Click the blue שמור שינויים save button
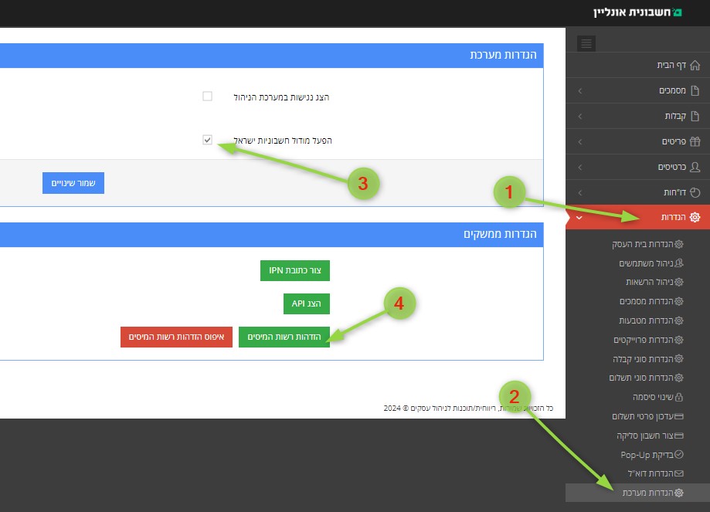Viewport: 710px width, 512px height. pos(73,183)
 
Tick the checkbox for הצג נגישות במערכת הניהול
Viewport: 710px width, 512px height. pos(207,96)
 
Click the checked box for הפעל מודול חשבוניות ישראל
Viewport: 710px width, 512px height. pos(207,140)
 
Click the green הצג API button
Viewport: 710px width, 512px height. pos(307,303)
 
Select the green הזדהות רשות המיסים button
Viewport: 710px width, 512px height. pos(284,337)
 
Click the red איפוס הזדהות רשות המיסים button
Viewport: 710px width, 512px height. pos(176,337)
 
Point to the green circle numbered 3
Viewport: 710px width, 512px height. pos(363,183)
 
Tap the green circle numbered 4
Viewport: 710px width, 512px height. pos(399,303)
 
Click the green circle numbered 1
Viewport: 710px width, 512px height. pos(509,192)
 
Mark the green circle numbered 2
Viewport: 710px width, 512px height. pos(515,397)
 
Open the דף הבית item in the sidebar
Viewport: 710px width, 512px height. pos(678,65)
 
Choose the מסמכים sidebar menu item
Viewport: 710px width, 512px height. pos(679,90)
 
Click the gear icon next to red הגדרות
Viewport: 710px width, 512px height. pos(695,217)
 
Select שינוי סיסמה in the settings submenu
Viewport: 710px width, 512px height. pos(657,397)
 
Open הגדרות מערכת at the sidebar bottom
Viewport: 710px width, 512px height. pos(653,493)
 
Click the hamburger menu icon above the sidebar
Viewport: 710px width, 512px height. pos(586,43)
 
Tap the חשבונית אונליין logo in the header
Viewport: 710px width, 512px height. pos(637,12)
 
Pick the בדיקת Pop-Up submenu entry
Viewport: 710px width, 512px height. pos(652,455)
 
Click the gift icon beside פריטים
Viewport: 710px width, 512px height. pos(695,141)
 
